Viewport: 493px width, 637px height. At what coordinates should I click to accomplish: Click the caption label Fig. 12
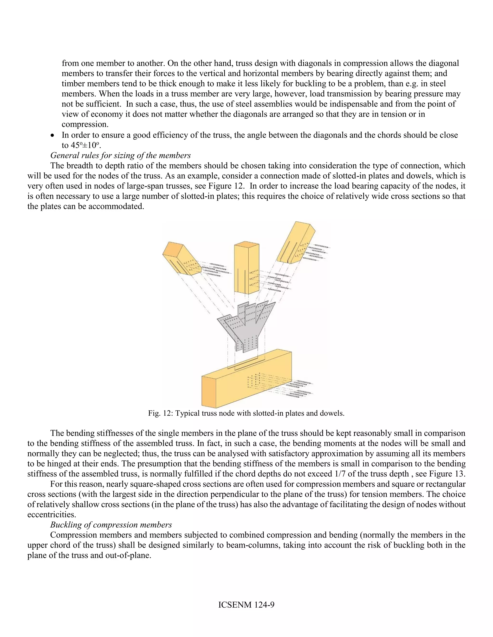[x=160, y=413]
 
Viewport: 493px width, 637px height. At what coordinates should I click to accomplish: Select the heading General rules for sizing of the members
[x=120, y=155]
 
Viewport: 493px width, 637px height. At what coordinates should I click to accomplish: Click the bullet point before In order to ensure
[x=52, y=136]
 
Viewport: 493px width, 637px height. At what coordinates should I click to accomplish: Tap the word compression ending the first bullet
[x=85, y=125]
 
